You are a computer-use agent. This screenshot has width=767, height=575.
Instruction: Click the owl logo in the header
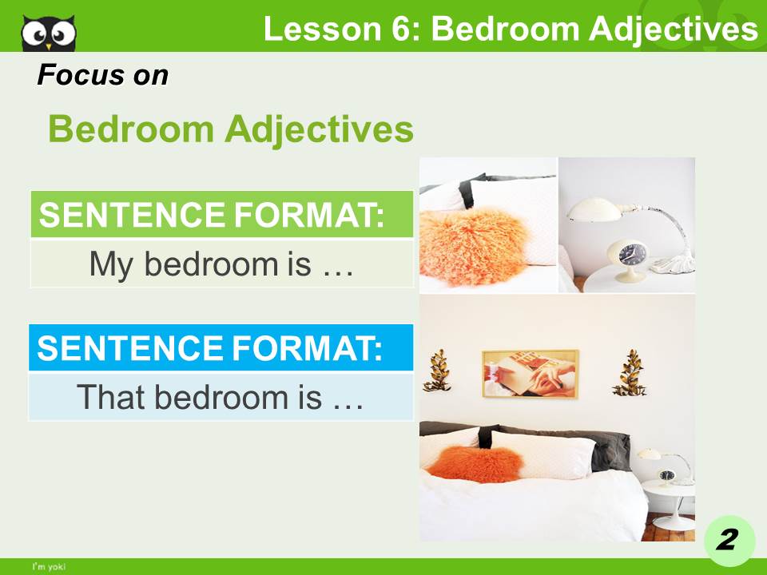pyautogui.click(x=49, y=33)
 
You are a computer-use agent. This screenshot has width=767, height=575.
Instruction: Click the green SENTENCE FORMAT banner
pyautogui.click(x=221, y=215)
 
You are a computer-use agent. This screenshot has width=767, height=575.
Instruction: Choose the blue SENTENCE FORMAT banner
pyautogui.click(x=221, y=348)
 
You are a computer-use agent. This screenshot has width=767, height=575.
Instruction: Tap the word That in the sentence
pyautogui.click(x=109, y=397)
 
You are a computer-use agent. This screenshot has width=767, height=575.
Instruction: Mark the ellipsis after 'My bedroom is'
pyautogui.click(x=336, y=265)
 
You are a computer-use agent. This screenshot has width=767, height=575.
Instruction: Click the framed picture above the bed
pyautogui.click(x=530, y=373)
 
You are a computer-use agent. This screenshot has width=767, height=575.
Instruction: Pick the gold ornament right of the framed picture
pyautogui.click(x=630, y=372)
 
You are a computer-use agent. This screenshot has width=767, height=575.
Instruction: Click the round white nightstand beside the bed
pyautogui.click(x=667, y=499)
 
